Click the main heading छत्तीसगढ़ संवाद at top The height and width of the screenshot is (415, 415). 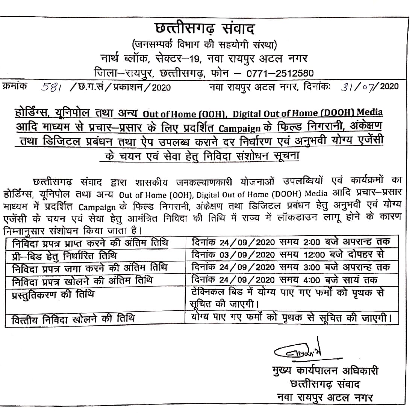(205, 29)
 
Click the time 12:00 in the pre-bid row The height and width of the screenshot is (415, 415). (313, 255)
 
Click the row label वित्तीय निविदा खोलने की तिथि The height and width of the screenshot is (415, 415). (73, 319)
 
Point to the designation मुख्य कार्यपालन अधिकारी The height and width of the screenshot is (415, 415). (325, 371)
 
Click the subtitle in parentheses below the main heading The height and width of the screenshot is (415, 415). (205, 46)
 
